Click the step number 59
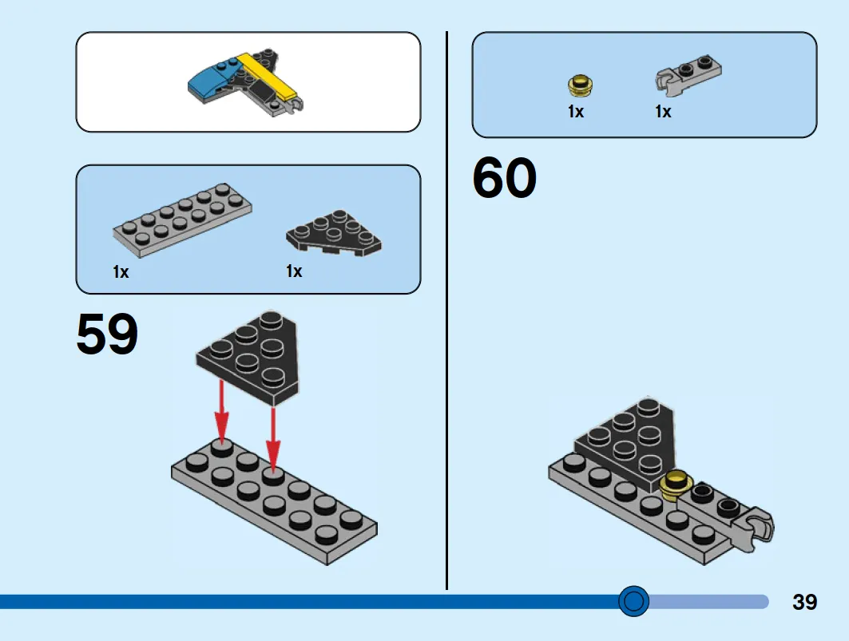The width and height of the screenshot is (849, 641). coord(107,334)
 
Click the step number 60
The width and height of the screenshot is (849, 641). coord(505,177)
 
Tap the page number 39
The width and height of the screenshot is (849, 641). coord(804,602)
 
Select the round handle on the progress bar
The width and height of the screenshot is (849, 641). coord(633,601)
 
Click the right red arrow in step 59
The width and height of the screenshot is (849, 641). coord(273,437)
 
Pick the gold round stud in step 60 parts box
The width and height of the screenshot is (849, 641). coord(580,85)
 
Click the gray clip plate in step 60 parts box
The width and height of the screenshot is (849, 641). coord(688,72)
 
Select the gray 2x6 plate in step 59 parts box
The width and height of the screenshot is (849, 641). coord(182,220)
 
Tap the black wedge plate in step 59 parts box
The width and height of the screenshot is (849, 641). coord(334,232)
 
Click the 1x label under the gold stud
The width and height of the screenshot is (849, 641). coord(576,112)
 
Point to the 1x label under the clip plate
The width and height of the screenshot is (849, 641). coord(663,112)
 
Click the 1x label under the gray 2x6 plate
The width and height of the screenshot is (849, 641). coord(121,271)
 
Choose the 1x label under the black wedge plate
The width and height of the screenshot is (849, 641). coord(294,271)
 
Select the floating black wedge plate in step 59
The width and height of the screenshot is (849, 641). coord(247,358)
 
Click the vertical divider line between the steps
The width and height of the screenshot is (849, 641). coord(446,311)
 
